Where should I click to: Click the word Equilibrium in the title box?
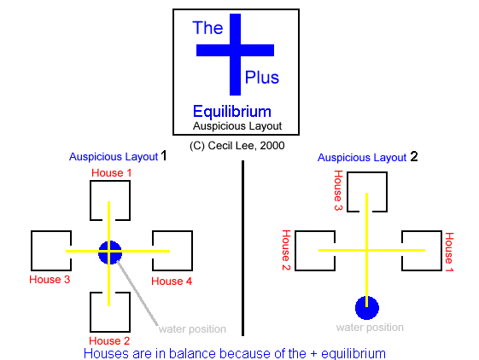pyautogui.click(x=232, y=112)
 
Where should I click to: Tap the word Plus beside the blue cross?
pyautogui.click(x=262, y=78)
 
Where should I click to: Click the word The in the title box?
pyautogui.click(x=207, y=28)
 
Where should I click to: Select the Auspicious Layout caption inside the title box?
pyautogui.click(x=237, y=126)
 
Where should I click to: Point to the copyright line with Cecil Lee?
pyautogui.click(x=237, y=146)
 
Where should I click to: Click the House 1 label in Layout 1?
pyautogui.click(x=111, y=173)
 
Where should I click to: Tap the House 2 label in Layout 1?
pyautogui.click(x=109, y=340)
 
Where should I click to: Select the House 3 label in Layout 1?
pyautogui.click(x=50, y=280)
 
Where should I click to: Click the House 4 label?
pyautogui.click(x=172, y=281)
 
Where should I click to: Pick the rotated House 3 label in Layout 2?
pyautogui.click(x=338, y=190)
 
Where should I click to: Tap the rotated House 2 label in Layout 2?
pyautogui.click(x=286, y=250)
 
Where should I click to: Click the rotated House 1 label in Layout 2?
pyautogui.click(x=449, y=252)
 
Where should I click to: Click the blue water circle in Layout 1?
pyautogui.click(x=110, y=253)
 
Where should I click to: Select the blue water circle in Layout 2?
pyautogui.click(x=367, y=308)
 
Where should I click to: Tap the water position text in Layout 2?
pyautogui.click(x=370, y=328)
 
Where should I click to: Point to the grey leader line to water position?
pyautogui.click(x=137, y=293)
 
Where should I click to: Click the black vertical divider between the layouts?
pyautogui.click(x=242, y=248)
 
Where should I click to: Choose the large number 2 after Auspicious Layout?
pyautogui.click(x=414, y=157)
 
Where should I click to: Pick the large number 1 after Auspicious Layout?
pyautogui.click(x=164, y=156)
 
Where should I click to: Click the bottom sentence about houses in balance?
pyautogui.click(x=235, y=353)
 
